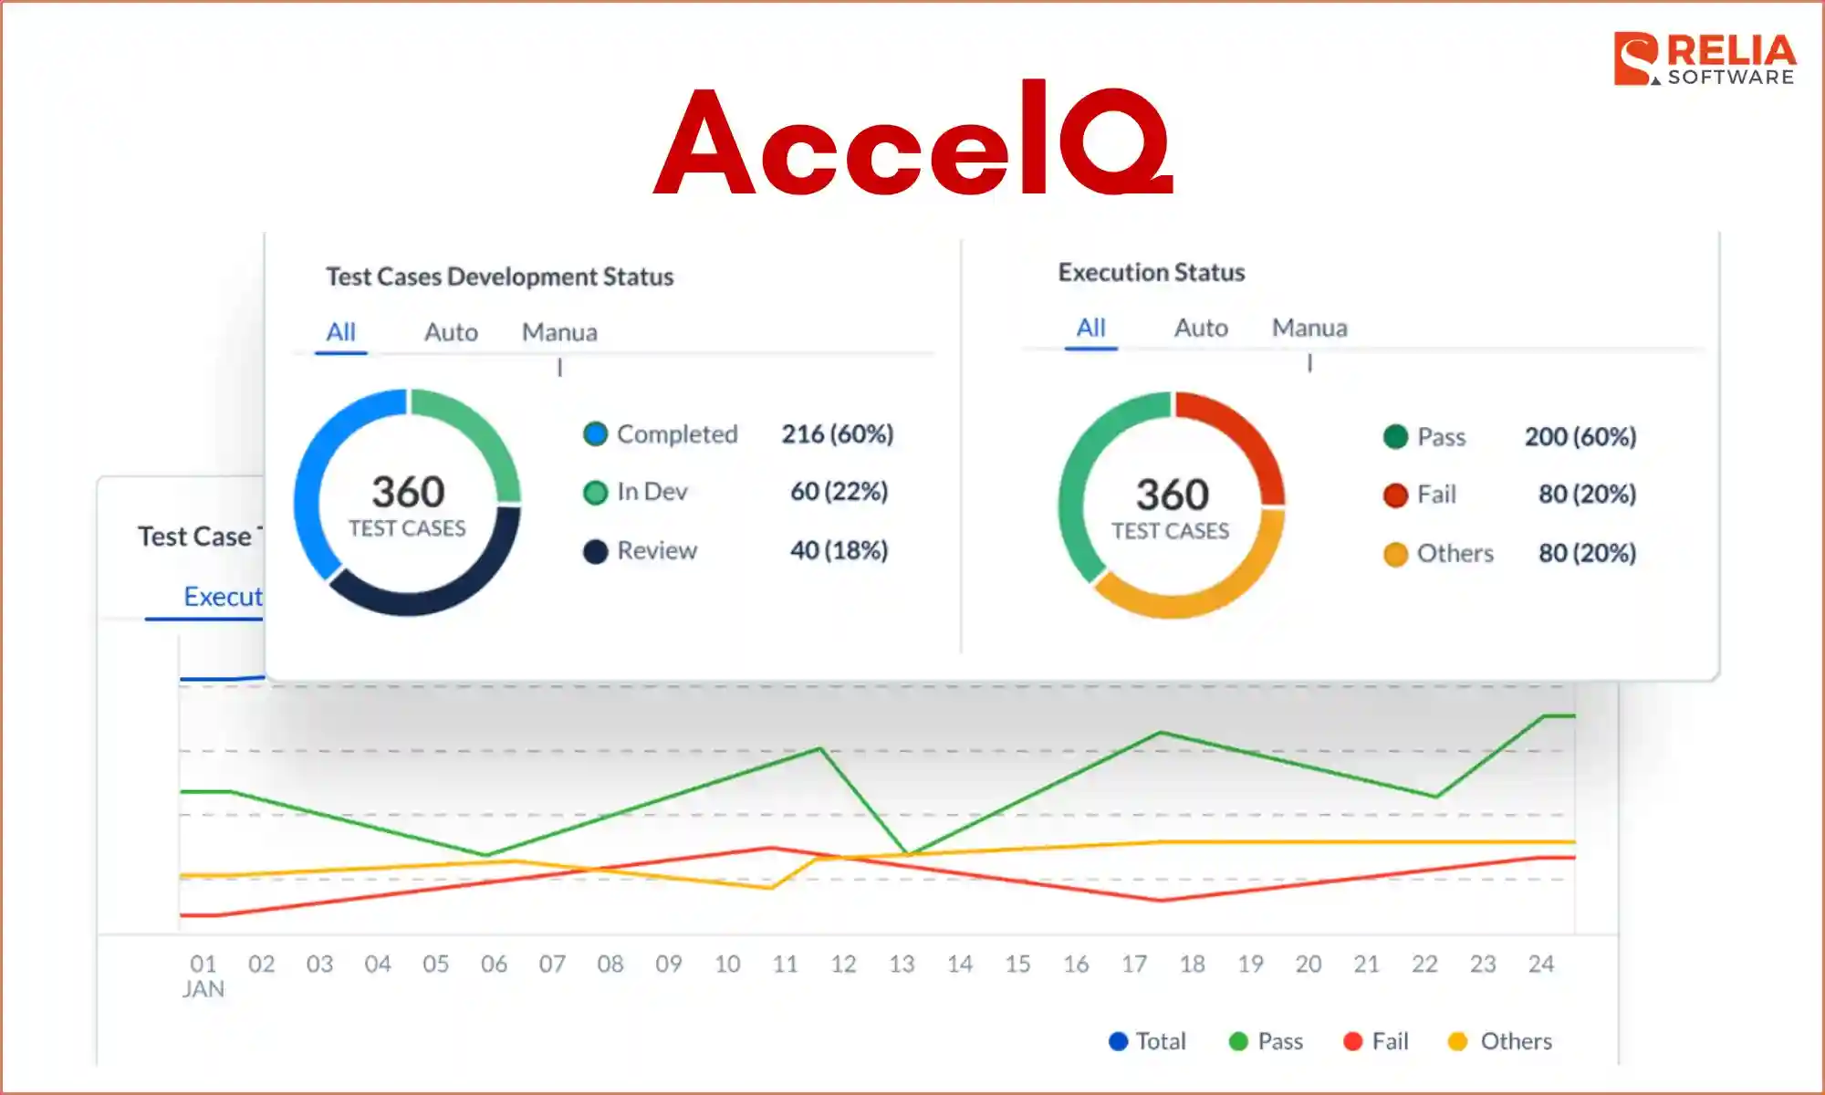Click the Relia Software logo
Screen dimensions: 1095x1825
1704,59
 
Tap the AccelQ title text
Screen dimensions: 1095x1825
912,141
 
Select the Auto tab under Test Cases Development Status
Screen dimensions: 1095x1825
451,332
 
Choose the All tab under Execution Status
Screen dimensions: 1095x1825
1090,328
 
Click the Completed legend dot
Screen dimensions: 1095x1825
595,434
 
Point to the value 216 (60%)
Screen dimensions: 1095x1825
837,434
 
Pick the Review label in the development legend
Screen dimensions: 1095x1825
657,550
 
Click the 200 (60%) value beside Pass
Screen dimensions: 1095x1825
1580,437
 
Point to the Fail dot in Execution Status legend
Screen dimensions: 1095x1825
1395,495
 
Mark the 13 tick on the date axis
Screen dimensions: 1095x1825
902,964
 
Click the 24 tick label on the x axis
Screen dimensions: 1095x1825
1541,964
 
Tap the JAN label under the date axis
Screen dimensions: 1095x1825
203,989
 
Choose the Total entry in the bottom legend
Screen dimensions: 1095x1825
1148,1041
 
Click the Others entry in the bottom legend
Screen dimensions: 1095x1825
1501,1041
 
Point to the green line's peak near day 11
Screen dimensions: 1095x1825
820,749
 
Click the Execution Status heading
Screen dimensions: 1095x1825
1151,273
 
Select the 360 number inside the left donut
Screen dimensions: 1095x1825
408,493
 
